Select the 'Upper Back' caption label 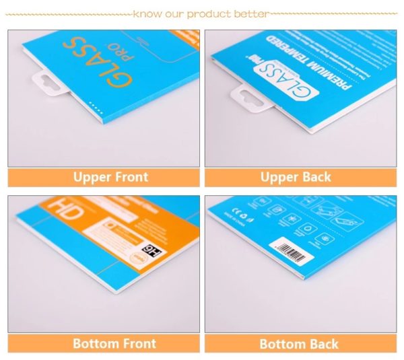pos(296,178)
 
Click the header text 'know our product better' pos(201,13)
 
